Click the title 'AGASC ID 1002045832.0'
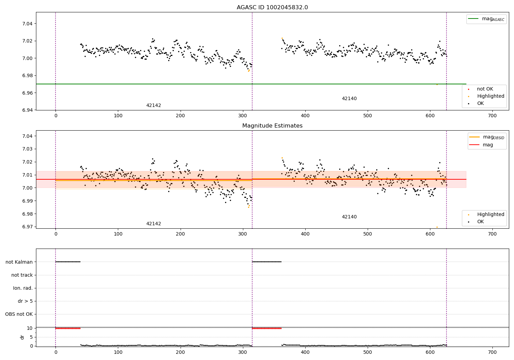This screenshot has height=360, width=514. click(272, 8)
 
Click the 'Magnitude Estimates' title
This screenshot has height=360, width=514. click(272, 126)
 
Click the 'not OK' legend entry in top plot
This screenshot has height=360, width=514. click(485, 89)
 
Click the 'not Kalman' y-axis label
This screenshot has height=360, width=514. click(19, 262)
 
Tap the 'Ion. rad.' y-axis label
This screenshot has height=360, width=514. click(23, 288)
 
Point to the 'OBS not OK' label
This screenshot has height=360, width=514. click(19, 314)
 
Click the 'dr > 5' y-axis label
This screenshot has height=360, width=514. click(25, 301)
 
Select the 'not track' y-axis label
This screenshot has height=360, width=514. click(22, 275)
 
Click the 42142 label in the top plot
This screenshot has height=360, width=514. click(154, 106)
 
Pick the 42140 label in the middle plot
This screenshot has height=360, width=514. click(349, 217)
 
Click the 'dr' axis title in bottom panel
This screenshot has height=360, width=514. click(22, 337)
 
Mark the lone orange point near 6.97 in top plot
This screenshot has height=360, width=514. click(437, 84)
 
